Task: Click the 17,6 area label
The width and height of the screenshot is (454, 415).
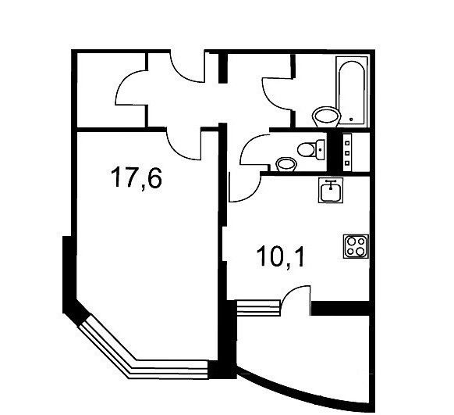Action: tap(136, 177)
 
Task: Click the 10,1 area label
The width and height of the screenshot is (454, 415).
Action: tap(281, 256)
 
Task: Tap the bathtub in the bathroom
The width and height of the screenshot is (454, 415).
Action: tap(352, 91)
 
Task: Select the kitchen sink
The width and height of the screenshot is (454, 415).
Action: tap(331, 190)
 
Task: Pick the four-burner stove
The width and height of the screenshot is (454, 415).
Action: tap(356, 246)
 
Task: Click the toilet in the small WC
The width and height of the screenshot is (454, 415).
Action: tap(311, 149)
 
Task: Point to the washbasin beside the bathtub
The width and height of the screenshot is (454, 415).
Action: tap(326, 116)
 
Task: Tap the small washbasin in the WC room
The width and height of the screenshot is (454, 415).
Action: tap(286, 165)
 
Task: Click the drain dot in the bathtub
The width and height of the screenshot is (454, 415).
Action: tap(351, 120)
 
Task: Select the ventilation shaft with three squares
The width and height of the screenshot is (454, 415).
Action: tap(347, 152)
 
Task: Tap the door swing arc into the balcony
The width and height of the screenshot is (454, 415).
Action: tap(292, 293)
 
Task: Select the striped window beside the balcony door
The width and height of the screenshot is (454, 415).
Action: tap(258, 308)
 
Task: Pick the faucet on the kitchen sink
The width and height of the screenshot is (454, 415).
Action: tap(331, 184)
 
